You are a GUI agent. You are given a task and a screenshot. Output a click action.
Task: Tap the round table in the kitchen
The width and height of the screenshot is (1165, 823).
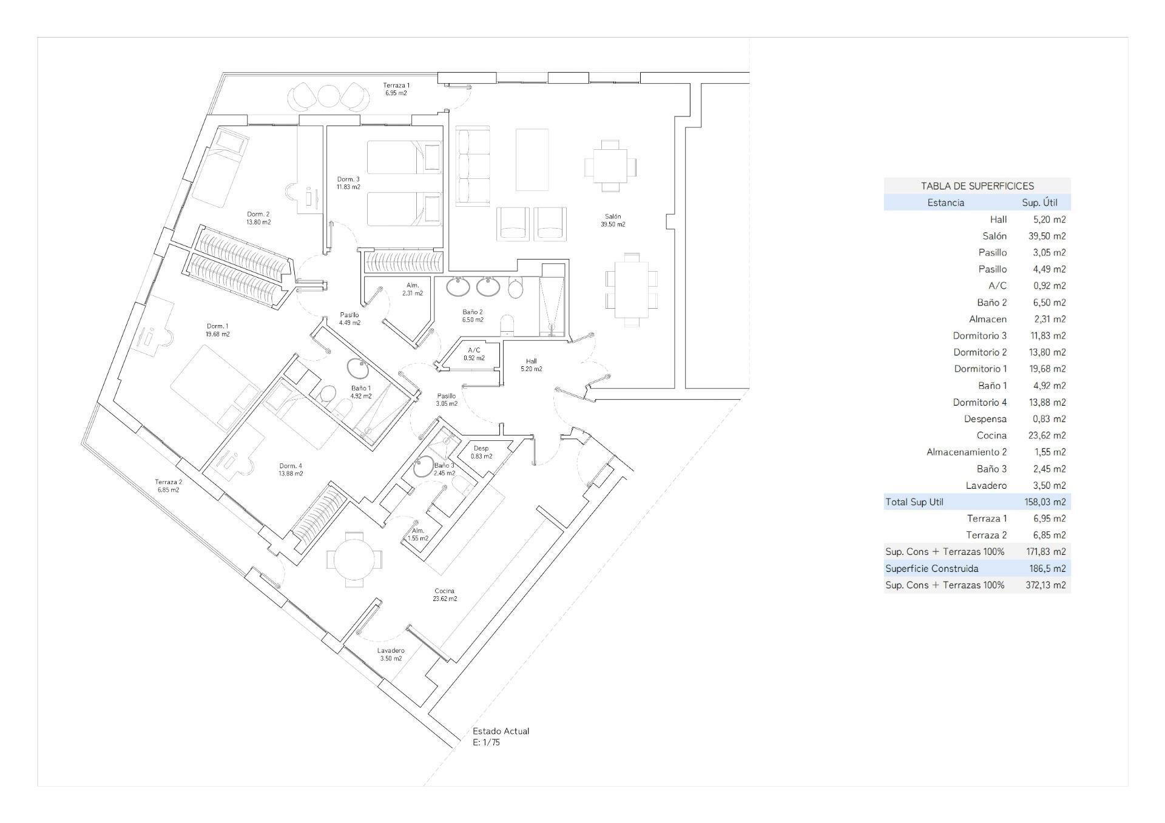point(354,559)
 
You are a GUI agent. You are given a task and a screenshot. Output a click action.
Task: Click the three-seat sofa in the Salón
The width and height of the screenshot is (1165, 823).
point(473,166)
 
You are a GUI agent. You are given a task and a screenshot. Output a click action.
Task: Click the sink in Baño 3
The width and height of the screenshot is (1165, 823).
point(423,466)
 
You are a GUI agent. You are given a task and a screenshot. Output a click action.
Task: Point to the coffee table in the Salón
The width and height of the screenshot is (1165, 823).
point(532,160)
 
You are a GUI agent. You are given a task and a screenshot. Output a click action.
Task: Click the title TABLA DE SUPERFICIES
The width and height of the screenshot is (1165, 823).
point(977,186)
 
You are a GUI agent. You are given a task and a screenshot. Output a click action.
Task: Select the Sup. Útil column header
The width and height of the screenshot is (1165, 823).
point(1039,203)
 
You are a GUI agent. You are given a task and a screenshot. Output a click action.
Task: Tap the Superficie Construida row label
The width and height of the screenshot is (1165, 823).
point(931,569)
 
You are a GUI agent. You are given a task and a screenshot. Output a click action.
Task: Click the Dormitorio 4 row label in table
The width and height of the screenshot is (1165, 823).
point(979,402)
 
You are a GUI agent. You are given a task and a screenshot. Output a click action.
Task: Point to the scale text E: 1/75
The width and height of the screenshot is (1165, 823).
point(486,742)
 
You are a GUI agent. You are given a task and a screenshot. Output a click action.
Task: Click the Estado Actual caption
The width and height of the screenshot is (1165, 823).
point(501,731)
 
